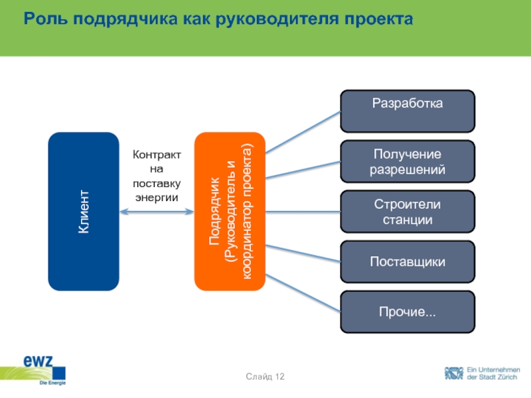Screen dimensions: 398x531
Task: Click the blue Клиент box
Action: (x=84, y=212)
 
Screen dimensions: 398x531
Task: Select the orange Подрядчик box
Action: (x=230, y=212)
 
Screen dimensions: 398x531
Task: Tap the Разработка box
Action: (x=408, y=111)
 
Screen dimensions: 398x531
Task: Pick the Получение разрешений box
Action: (x=408, y=161)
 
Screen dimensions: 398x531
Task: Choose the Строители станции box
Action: (x=408, y=212)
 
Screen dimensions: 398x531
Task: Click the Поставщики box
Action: (x=408, y=261)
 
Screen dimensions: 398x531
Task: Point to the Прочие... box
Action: (x=408, y=311)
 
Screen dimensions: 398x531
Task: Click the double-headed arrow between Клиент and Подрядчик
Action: (x=157, y=212)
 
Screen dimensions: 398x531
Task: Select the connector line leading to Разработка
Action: (x=303, y=130)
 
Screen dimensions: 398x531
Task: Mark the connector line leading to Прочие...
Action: (x=303, y=294)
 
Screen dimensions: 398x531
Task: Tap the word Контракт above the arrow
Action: (x=157, y=155)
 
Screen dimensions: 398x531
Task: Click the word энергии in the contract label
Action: (x=157, y=197)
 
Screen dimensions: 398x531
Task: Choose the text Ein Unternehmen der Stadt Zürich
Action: (x=493, y=373)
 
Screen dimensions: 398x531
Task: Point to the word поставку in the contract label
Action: (x=157, y=183)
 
